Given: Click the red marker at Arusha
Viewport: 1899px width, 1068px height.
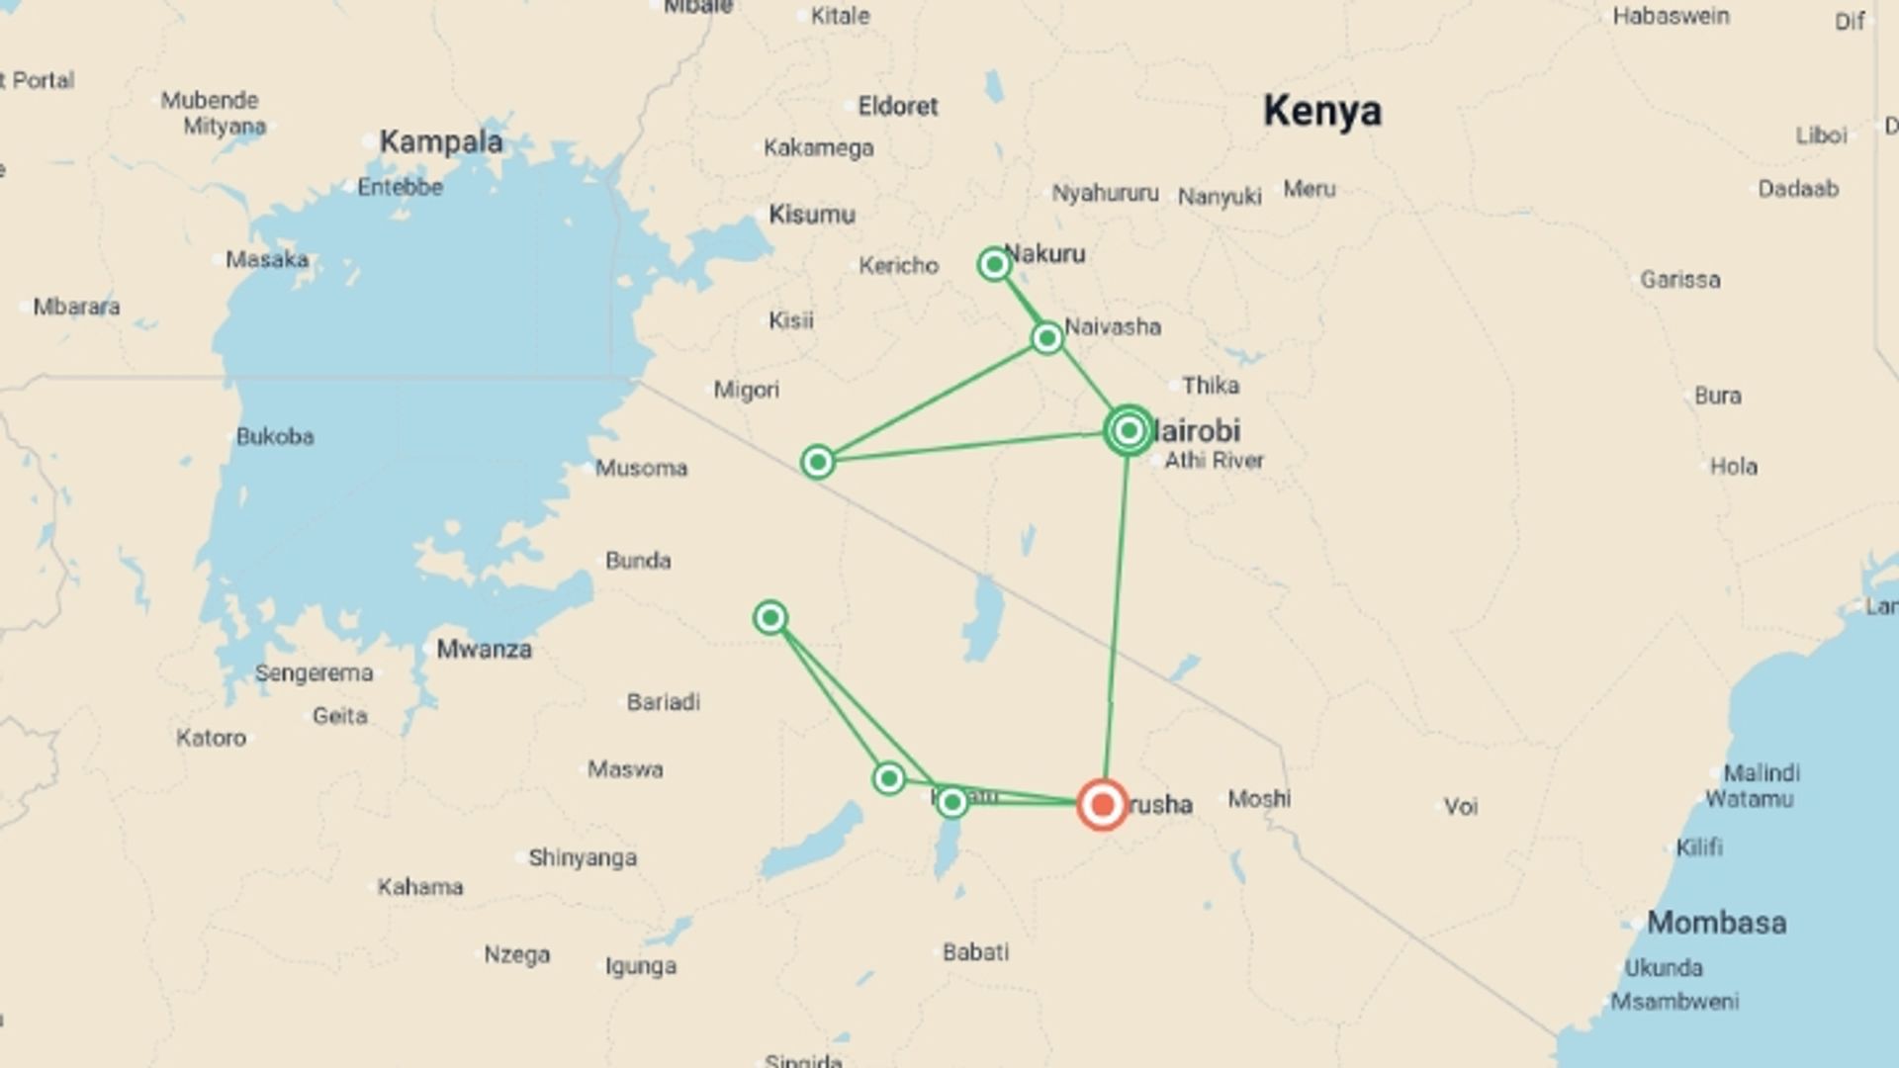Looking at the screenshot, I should click(x=1102, y=804).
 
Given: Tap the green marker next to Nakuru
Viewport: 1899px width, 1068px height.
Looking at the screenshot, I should click(x=994, y=264).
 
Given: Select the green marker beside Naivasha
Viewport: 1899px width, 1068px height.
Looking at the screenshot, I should click(x=1046, y=338).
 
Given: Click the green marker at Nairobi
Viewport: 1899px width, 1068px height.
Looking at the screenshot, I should click(x=1129, y=430).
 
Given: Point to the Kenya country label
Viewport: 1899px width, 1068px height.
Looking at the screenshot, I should click(x=1321, y=111).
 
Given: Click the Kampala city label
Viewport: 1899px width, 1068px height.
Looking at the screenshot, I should click(x=441, y=141).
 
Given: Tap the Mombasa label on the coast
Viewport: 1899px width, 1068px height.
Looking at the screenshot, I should click(x=1716, y=923).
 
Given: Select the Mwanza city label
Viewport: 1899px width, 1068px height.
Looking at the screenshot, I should click(x=484, y=649).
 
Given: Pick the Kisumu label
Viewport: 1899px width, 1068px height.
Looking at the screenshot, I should click(x=812, y=215).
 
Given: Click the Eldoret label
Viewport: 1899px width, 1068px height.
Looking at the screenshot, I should click(x=897, y=106).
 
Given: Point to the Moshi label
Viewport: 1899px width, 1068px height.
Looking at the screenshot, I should click(x=1259, y=798).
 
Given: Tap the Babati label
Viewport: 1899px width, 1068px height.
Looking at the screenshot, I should click(x=975, y=952).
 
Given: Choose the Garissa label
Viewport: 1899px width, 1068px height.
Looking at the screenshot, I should click(x=1679, y=280).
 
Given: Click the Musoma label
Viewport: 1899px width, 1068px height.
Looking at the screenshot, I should click(x=641, y=468).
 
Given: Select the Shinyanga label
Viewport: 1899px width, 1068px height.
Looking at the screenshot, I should click(x=583, y=857).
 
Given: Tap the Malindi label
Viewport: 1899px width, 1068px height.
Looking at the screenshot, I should click(x=1762, y=772).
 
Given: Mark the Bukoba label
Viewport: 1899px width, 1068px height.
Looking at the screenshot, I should click(x=275, y=436).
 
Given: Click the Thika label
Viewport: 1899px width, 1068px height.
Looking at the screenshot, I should click(x=1210, y=386).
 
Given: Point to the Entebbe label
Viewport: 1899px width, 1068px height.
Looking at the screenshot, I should click(x=400, y=187).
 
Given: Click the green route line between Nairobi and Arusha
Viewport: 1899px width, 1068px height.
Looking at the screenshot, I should click(x=1117, y=613).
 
